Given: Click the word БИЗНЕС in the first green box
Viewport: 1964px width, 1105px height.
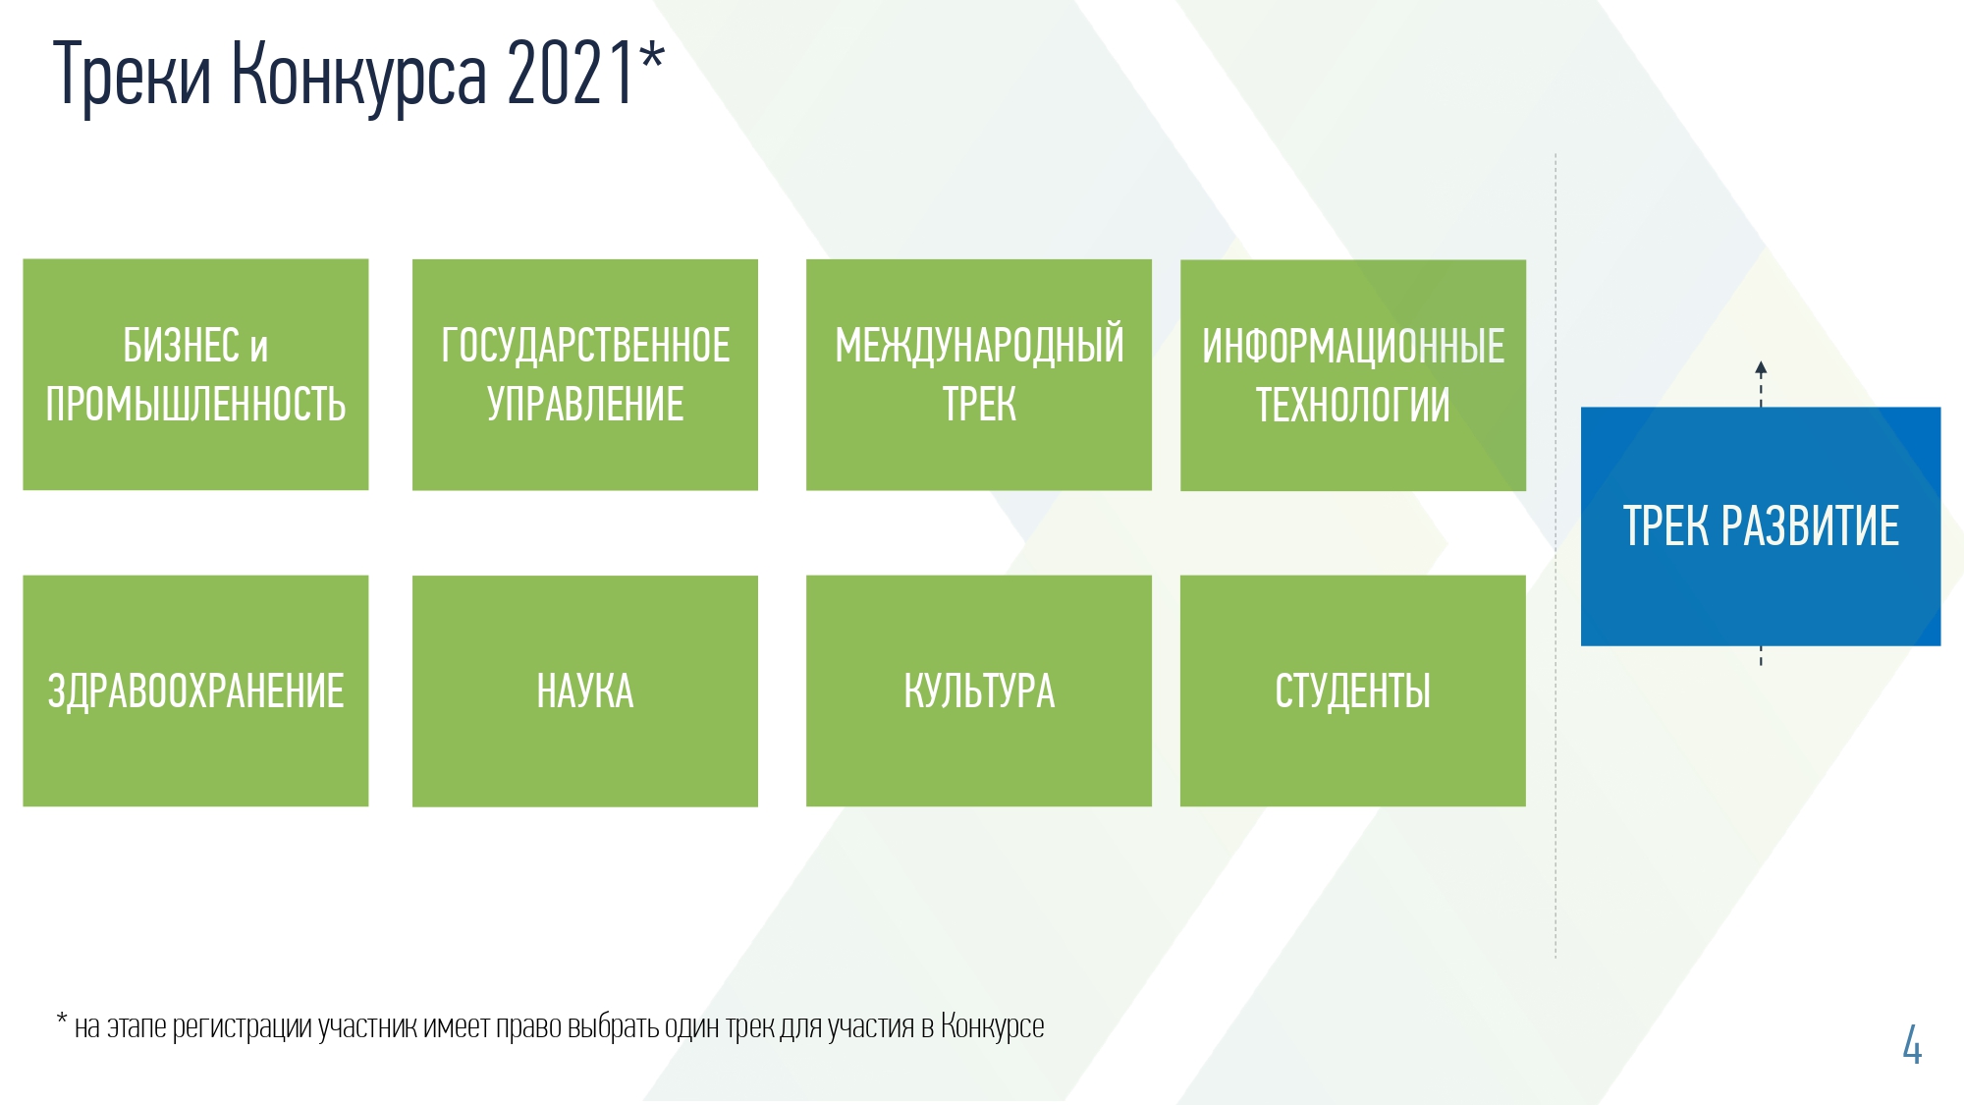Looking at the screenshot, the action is pos(182,345).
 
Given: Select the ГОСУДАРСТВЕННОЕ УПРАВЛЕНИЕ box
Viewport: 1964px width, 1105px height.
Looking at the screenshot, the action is pos(585,374).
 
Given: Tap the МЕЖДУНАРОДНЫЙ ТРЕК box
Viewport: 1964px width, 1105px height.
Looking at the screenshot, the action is pos(979,374).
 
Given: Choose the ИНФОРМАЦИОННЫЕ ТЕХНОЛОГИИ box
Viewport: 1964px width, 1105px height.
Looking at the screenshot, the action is pos(1353,375).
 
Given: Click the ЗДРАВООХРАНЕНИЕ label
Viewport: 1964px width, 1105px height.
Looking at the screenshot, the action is pos(196,691).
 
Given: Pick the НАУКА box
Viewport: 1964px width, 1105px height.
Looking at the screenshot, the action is pos(585,691).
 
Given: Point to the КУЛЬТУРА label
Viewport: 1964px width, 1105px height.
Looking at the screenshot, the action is pos(979,691).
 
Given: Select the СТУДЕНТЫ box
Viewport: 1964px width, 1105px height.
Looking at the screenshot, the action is pos(1353,691).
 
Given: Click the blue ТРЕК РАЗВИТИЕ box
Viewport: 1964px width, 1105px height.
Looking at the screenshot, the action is pos(1761,526).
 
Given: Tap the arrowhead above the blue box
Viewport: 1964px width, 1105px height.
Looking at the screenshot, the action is pos(1761,368).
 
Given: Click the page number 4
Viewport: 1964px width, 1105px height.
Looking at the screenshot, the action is pos(1912,1044).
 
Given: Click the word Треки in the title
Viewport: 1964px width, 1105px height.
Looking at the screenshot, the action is pos(132,75).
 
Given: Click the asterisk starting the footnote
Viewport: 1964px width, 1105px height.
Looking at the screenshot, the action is pos(62,1020).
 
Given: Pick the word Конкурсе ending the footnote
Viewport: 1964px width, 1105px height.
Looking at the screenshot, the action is pos(992,1026).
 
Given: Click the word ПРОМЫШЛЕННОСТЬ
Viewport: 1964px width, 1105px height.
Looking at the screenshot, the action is pos(196,405).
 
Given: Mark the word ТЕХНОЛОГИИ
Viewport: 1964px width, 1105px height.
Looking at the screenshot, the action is pos(1353,405).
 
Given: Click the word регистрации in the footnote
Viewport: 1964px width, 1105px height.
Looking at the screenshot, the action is pos(243,1027).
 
